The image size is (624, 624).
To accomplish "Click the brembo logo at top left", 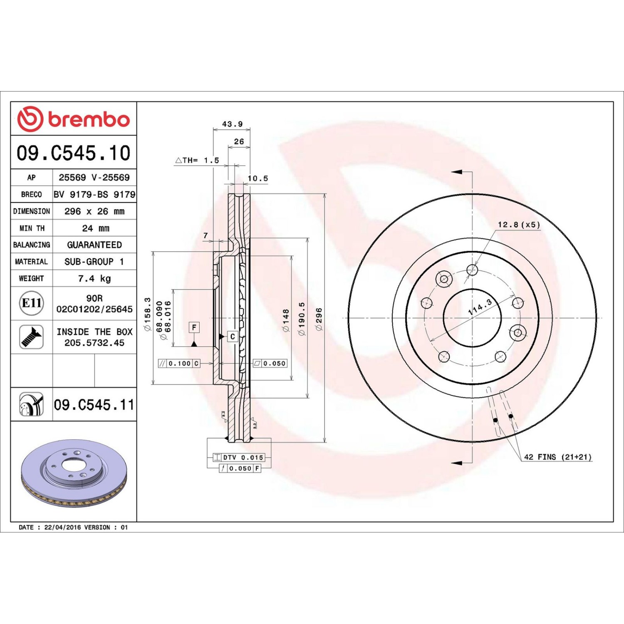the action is pyautogui.click(x=74, y=119).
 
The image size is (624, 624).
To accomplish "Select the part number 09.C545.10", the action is pyautogui.click(x=74, y=153).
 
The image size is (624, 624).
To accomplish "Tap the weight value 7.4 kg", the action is pyautogui.click(x=94, y=279).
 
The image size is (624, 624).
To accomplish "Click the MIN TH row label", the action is pyautogui.click(x=32, y=228).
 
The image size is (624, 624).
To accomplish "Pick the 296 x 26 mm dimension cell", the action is pyautogui.click(x=94, y=211).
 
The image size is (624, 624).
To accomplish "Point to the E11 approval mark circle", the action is pyautogui.click(x=31, y=303).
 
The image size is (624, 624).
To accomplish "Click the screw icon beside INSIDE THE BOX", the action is pyautogui.click(x=32, y=337).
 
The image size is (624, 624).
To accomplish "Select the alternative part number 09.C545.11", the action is pyautogui.click(x=94, y=405).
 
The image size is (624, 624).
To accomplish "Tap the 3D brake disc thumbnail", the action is pyautogui.click(x=74, y=473).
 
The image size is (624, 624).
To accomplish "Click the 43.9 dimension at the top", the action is pyautogui.click(x=232, y=124).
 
